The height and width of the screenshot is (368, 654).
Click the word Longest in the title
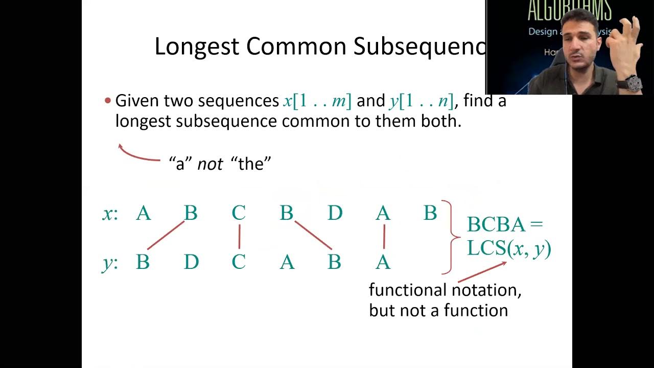point(197,47)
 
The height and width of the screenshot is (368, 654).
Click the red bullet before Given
point(108,101)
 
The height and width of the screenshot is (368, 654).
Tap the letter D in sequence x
point(335,213)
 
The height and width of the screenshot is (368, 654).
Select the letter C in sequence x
point(239,213)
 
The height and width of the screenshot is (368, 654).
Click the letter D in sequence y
point(191,262)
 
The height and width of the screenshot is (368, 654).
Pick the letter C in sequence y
point(239,262)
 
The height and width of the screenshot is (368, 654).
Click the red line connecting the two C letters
point(239,237)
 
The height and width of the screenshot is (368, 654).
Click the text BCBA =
point(504,224)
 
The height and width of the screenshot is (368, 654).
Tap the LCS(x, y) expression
point(509,248)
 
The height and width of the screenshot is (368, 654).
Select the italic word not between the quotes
point(210,164)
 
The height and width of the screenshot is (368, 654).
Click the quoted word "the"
point(251,164)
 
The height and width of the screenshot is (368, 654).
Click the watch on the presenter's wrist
point(633,83)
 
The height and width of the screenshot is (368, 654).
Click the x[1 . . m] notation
point(317,101)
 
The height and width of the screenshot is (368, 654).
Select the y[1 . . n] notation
point(422,101)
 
